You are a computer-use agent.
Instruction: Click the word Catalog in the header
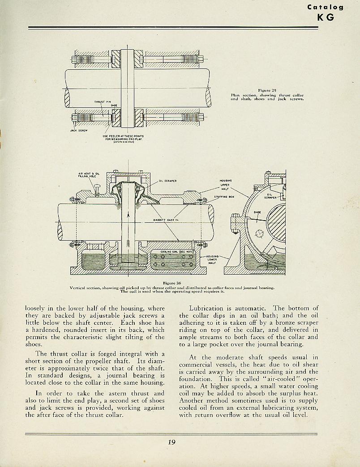pyautogui.click(x=326, y=7)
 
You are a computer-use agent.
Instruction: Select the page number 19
pyautogui.click(x=172, y=442)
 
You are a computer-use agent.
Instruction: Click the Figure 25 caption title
pyautogui.click(x=267, y=90)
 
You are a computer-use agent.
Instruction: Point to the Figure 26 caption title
pyautogui.click(x=172, y=283)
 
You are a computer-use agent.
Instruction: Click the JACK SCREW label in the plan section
pyautogui.click(x=78, y=131)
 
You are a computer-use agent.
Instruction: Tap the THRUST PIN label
pyautogui.click(x=102, y=102)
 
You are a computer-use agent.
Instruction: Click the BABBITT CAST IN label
pyautogui.click(x=166, y=220)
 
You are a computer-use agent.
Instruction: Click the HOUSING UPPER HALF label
pyautogui.click(x=225, y=185)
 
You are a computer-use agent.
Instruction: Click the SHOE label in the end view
pyautogui.click(x=257, y=212)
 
